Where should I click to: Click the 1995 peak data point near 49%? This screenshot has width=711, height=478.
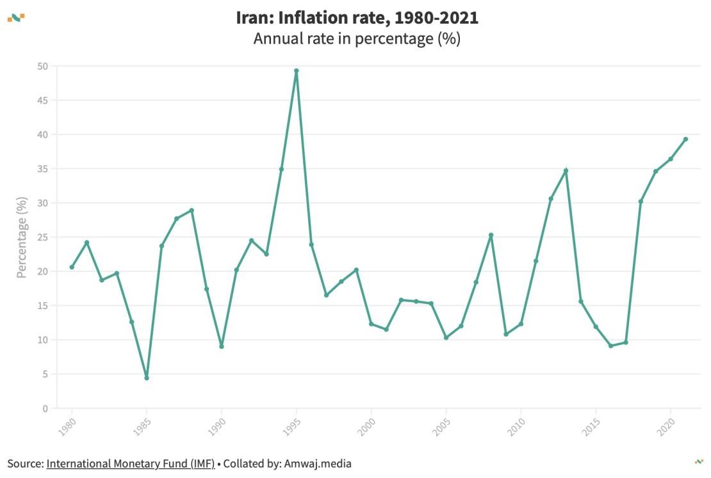(296, 71)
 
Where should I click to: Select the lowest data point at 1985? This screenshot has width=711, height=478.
(147, 378)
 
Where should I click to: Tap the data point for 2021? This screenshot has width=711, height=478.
(685, 139)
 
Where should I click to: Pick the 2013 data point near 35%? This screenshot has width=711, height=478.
(566, 171)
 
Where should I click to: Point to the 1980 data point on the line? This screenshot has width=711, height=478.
(72, 267)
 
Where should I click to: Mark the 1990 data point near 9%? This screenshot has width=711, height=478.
(222, 346)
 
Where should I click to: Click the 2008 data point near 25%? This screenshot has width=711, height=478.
(491, 235)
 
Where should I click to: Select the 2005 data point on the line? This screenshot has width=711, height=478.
(446, 337)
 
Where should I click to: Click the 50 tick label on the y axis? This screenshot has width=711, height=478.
(42, 67)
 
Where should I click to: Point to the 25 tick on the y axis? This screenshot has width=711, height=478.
(42, 237)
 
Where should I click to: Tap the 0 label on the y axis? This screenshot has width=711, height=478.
(45, 408)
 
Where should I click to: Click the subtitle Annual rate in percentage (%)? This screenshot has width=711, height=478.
(357, 39)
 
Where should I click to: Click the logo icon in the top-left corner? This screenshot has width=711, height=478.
(16, 17)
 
